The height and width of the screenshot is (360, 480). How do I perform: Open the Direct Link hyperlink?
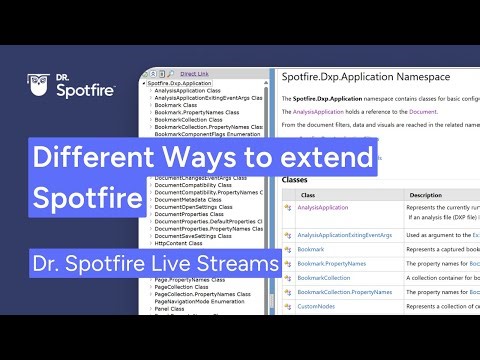[197, 74]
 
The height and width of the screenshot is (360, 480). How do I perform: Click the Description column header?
[426, 195]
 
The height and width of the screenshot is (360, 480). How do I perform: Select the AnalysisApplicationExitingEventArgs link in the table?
[344, 235]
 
